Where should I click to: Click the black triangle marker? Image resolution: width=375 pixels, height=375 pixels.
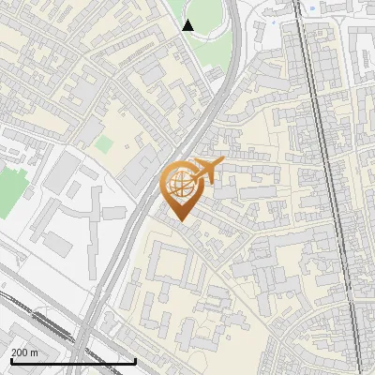(188, 25)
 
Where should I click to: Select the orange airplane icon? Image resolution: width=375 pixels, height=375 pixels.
(207, 171)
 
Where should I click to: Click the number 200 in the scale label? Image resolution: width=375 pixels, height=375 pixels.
(19, 352)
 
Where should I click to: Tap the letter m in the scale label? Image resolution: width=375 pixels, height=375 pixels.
(34, 352)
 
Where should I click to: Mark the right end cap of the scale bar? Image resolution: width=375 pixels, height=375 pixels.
(136, 361)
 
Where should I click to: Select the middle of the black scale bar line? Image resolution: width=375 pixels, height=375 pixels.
(72, 361)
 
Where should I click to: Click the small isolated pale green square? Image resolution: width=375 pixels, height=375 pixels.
(104, 144)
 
